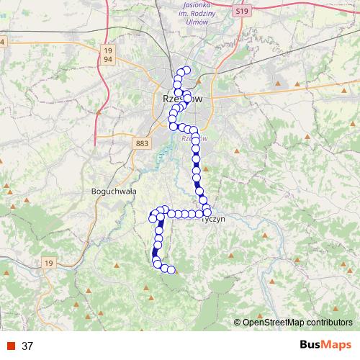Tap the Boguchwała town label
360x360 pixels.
(x=114, y=192)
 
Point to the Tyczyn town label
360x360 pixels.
(x=214, y=219)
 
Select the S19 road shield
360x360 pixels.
(x=242, y=12)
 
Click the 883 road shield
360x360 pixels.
(x=142, y=144)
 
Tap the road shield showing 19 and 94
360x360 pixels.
(x=108, y=53)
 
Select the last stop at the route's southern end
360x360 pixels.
(x=172, y=271)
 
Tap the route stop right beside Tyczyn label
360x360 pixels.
(x=207, y=212)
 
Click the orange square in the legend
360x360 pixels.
(x=10, y=346)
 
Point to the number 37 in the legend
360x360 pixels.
(x=27, y=346)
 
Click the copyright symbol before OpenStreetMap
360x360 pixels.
(x=238, y=323)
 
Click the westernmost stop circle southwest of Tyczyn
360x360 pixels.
(x=152, y=217)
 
